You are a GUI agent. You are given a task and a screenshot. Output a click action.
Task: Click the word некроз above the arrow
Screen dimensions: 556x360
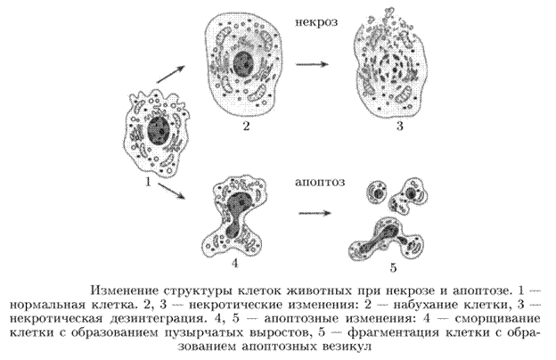click(316, 22)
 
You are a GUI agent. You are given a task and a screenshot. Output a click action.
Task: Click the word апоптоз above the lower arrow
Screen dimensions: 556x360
click(320, 182)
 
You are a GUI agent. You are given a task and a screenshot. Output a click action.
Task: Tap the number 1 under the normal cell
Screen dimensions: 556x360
click(148, 182)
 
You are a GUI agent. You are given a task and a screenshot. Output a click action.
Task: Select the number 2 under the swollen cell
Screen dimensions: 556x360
click(247, 126)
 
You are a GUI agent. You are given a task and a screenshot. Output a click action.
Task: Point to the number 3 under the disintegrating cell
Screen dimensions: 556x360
click(399, 126)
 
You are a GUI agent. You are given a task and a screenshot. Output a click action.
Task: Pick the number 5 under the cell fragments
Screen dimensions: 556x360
click(393, 267)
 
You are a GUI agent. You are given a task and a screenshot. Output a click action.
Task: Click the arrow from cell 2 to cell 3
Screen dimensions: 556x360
click(312, 64)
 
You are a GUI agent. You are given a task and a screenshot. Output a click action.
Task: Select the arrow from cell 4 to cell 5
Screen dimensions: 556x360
click(315, 213)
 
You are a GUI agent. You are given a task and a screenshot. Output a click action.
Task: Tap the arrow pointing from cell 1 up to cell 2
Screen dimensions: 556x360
click(171, 74)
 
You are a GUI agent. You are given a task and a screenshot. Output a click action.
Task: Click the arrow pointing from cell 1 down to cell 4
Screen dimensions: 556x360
click(172, 192)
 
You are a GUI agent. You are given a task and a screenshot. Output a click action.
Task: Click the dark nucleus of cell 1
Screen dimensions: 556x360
click(159, 130)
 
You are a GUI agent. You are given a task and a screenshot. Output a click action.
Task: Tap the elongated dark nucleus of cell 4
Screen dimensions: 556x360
click(235, 215)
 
